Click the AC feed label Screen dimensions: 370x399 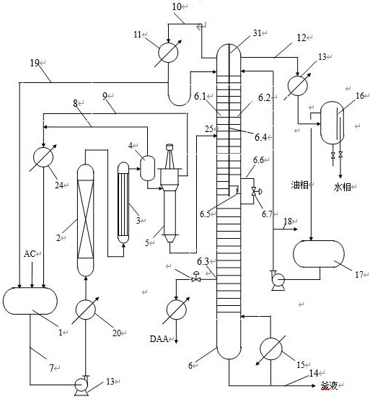[x=30, y=254]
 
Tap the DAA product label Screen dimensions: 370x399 [x=159, y=339]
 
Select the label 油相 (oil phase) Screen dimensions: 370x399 [x=299, y=185]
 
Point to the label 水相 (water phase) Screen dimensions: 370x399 [x=342, y=188]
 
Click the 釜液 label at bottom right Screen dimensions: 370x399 [x=329, y=386]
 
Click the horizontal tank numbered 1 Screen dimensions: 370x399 [x=30, y=301]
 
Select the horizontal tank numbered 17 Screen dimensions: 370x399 [x=319, y=254]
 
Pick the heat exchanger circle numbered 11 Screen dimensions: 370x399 [x=168, y=53]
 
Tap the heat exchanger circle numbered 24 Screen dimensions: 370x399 [x=43, y=157]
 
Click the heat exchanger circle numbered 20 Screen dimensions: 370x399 [x=86, y=310]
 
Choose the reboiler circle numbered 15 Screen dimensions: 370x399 [x=271, y=349]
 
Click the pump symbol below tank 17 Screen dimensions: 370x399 [x=277, y=281]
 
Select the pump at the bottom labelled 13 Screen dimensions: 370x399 [x=82, y=386]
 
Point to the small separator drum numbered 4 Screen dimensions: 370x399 [x=148, y=168]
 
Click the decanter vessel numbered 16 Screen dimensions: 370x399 [x=332, y=123]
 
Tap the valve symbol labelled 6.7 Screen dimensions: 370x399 [x=255, y=191]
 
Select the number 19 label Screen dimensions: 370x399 [x=35, y=63]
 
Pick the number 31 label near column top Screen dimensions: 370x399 [x=257, y=32]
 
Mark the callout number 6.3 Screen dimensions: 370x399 [x=203, y=261]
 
